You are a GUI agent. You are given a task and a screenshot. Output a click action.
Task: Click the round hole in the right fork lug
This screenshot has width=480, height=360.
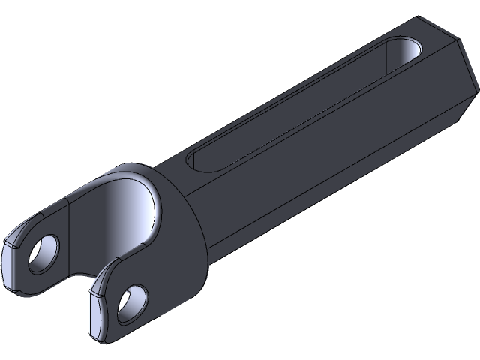(x=132, y=300)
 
